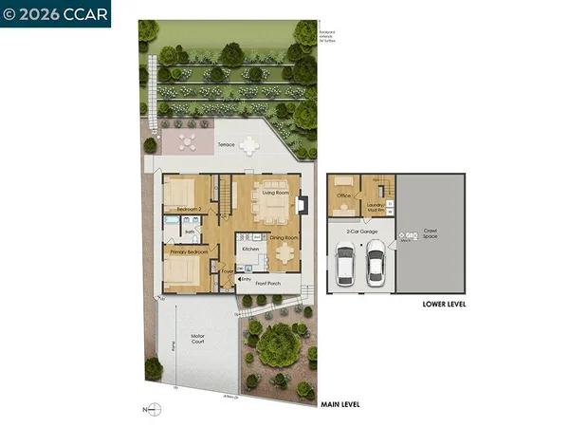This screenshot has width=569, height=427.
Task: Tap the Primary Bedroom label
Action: tap(190, 253)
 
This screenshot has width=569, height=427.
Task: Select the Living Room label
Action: tap(275, 193)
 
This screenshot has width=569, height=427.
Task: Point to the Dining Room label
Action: tap(284, 237)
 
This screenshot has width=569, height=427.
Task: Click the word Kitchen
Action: tap(250, 249)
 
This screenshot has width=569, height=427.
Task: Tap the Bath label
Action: tap(190, 231)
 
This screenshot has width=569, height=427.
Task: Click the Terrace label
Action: tap(227, 144)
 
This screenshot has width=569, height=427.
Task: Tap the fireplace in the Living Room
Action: tap(303, 202)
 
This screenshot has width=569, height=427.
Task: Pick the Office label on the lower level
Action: tap(344, 197)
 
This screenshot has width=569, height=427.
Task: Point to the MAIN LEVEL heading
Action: tap(340, 405)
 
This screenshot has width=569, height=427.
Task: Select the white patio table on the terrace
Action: tap(249, 146)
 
